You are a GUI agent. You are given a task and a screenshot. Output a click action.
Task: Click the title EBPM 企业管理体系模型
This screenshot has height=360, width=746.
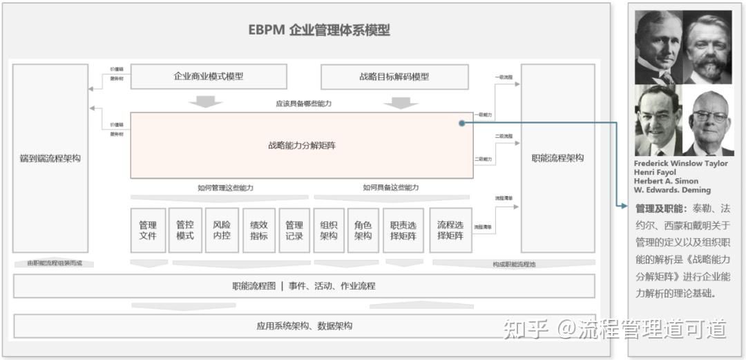coord(319,30)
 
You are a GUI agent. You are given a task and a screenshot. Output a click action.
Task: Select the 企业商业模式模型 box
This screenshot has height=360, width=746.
coord(209,77)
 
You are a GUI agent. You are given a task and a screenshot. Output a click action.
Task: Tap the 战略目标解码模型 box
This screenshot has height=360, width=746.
coord(394,77)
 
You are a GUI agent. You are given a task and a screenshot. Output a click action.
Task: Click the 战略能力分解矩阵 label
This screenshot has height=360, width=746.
coord(302,146)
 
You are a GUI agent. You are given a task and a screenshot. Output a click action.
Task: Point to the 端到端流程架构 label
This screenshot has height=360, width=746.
coord(50,158)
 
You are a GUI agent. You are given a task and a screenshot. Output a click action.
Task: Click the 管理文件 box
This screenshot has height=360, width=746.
coord(148,230)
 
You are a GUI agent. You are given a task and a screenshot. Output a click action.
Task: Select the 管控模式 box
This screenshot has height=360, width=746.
coord(185,230)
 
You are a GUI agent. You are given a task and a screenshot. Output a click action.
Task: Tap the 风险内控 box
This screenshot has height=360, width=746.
coord(222,230)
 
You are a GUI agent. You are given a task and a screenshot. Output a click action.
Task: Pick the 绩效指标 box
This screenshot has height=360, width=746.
coord(259,230)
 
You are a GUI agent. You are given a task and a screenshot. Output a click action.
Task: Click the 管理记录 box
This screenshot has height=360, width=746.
coord(294,230)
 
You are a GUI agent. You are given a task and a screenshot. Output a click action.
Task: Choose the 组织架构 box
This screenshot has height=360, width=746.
coord(329,230)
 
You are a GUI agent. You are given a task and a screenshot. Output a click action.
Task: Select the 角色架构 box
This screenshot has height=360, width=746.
coord(363,230)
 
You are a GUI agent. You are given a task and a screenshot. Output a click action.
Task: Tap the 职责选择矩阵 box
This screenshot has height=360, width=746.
coord(403,230)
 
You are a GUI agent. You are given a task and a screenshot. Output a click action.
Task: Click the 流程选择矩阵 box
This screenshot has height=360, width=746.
coord(450,230)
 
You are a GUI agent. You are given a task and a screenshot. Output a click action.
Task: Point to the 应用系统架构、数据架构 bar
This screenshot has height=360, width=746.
coord(304,326)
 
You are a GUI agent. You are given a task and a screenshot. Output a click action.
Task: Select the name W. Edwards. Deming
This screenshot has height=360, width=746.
coord(672,190)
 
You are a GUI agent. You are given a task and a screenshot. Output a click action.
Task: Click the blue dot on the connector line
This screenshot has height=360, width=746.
coord(461,123)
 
